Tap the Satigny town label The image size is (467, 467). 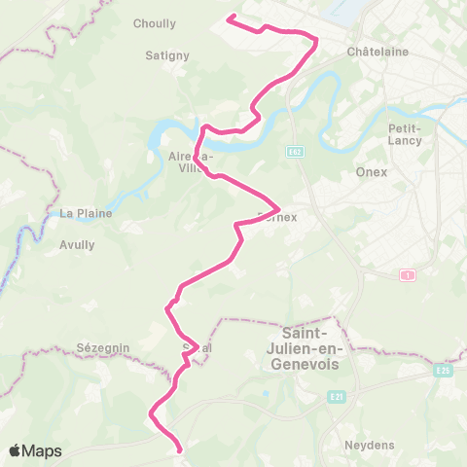[166, 55]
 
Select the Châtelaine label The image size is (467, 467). [377, 51]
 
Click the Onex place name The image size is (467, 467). [372, 172]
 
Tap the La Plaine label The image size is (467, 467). [86, 213]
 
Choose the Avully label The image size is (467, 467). [77, 245]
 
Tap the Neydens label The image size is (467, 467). [367, 446]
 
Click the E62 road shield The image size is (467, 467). [295, 152]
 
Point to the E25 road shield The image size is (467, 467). [443, 371]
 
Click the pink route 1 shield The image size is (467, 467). [407, 276]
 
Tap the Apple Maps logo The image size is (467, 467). [34, 450]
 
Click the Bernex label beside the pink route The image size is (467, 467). [275, 218]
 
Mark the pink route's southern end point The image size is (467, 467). [181, 449]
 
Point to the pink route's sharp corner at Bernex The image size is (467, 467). [279, 208]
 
